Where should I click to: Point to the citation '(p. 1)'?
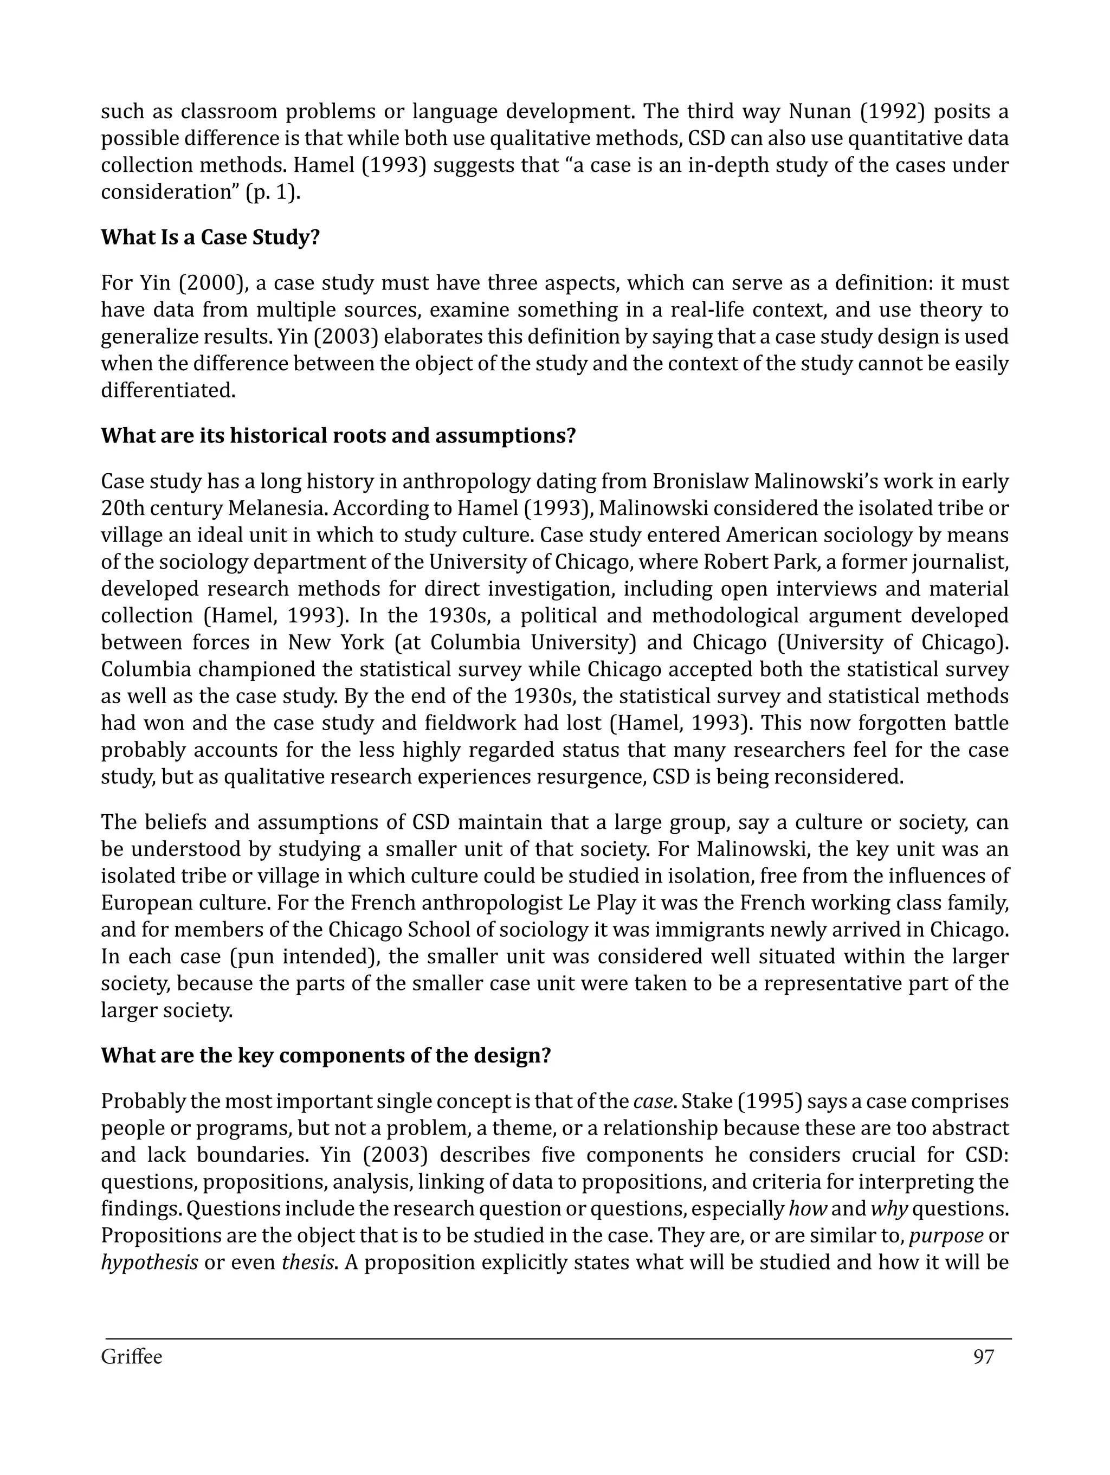[273, 193]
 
